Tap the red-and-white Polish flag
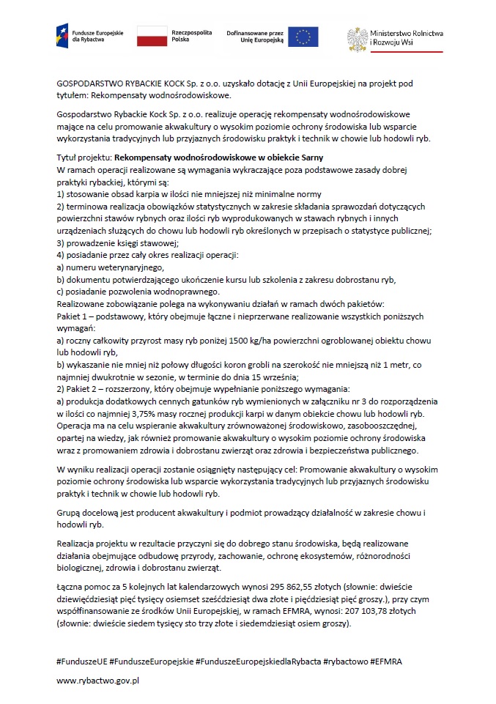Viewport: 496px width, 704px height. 152,35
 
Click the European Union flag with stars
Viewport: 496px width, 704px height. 303,36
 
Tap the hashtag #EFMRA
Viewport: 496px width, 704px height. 386,661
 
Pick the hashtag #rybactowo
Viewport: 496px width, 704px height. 346,661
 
